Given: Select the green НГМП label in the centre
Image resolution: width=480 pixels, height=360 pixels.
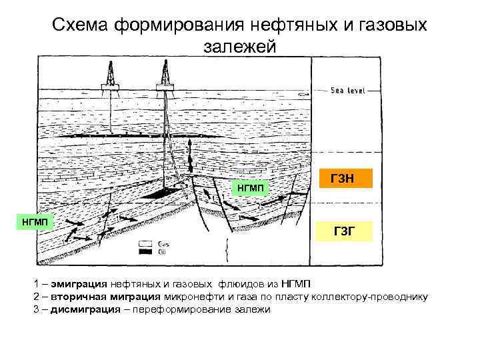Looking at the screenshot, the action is [x=249, y=189].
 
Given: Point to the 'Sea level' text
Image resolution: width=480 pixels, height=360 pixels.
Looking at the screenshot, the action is [x=347, y=90].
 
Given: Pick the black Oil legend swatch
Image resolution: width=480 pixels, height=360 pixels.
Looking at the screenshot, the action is [x=143, y=251].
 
